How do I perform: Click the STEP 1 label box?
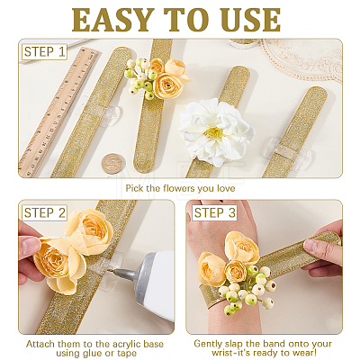pos(44,52)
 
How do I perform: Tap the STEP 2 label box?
pos(44,213)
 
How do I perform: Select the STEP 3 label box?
pos(214,213)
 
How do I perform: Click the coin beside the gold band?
pos(112,164)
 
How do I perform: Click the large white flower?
pos(216,132)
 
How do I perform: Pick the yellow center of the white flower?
pos(214,133)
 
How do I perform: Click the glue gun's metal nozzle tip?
pos(115,271)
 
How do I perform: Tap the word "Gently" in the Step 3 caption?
pos(208,344)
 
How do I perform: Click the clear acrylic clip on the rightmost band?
pos(287,151)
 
